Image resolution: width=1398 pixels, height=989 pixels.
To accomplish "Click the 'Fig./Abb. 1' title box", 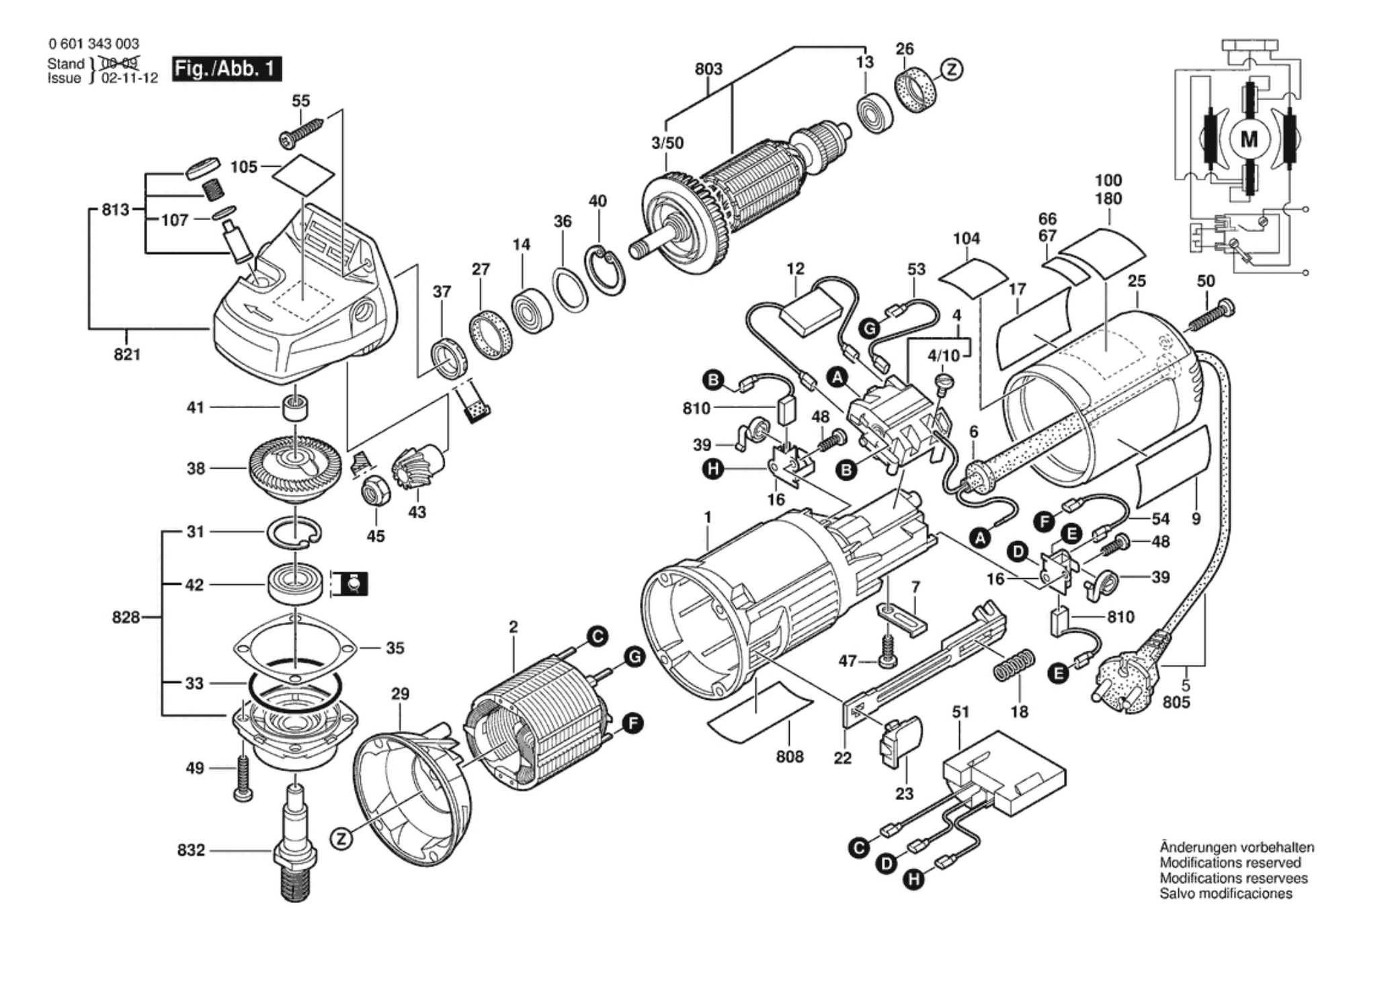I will (227, 69).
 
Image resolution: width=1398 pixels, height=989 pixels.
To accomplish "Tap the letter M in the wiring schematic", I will (1248, 140).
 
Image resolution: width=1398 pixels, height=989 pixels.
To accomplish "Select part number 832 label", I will (191, 850).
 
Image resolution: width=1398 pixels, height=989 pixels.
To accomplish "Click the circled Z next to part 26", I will (952, 69).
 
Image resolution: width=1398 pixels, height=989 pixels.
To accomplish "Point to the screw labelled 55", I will (300, 132).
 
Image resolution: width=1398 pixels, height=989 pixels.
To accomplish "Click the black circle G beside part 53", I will (870, 328).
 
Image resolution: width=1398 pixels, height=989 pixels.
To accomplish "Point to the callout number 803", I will (708, 69).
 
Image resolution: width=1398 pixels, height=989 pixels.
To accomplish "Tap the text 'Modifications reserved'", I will (1230, 863).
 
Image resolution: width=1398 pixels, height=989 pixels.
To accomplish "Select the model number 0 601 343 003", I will (93, 44).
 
